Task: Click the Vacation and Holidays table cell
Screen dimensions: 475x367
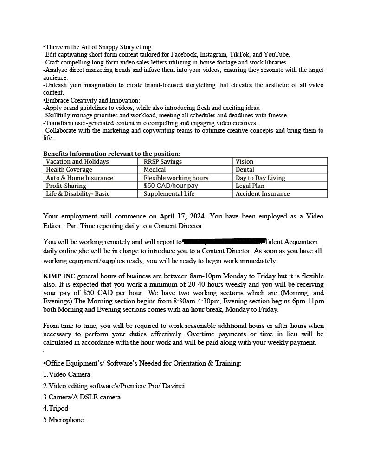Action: pos(77,161)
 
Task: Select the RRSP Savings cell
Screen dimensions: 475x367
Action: pos(162,161)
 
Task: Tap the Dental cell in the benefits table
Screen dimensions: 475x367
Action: pos(245,170)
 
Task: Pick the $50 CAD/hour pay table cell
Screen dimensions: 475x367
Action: pos(171,186)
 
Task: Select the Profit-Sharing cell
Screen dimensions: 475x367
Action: pos(66,186)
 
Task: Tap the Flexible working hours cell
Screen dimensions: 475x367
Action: pos(176,178)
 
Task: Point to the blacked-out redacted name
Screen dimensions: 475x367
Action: pos(225,242)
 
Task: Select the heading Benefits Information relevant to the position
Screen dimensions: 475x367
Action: pos(112,154)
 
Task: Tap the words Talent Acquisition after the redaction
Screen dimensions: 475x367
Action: pos(294,242)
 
